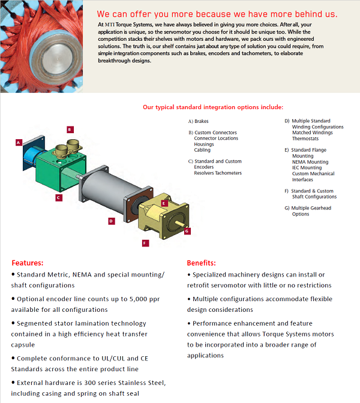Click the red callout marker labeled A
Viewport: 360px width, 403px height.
pyautogui.click(x=19, y=143)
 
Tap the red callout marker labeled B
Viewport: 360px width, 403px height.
pyautogui.click(x=70, y=129)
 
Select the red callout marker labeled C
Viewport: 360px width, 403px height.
pyautogui.click(x=58, y=197)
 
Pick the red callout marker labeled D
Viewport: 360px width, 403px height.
pyautogui.click(x=111, y=221)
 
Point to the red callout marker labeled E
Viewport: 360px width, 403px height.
pyautogui.click(x=164, y=203)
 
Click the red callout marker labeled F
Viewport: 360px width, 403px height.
pyautogui.click(x=145, y=243)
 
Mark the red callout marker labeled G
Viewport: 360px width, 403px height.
pyautogui.click(x=187, y=230)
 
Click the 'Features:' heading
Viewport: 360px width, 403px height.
pyautogui.click(x=28, y=263)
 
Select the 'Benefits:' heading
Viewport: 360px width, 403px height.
pyautogui.click(x=202, y=263)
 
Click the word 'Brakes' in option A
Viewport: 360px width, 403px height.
pyautogui.click(x=202, y=121)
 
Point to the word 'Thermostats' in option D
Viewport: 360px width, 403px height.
pyautogui.click(x=305, y=139)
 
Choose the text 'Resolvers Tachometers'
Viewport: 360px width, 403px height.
pyautogui.click(x=218, y=173)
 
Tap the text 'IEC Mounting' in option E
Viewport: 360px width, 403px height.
pyautogui.click(x=307, y=168)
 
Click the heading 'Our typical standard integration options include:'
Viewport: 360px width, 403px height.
pyautogui.click(x=212, y=107)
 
